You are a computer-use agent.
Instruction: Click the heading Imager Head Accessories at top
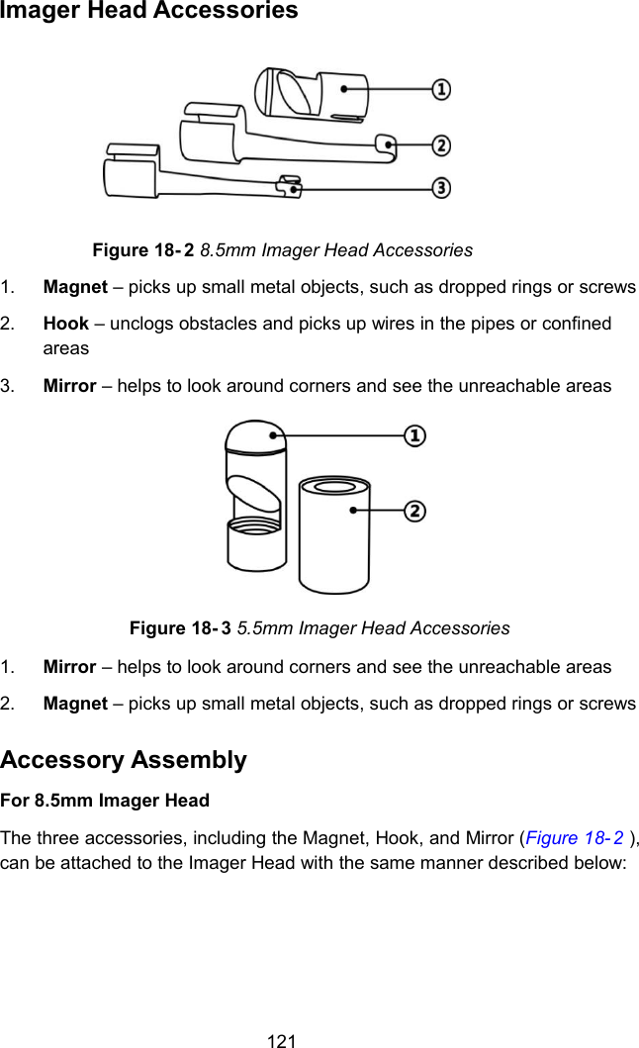(x=148, y=12)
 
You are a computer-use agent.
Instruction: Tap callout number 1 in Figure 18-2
(x=441, y=89)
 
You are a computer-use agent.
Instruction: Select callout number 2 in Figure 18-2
(x=441, y=145)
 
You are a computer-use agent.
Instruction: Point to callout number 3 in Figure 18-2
(x=441, y=187)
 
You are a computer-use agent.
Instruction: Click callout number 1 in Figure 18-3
(x=415, y=435)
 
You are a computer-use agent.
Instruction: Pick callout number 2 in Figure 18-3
(x=415, y=511)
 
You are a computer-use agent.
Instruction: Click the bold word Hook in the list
(x=65, y=324)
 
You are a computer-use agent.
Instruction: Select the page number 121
(x=283, y=1039)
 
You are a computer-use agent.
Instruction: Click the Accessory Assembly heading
(x=124, y=760)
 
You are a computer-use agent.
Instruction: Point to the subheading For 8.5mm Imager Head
(x=105, y=800)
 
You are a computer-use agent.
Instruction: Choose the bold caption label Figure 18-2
(x=142, y=249)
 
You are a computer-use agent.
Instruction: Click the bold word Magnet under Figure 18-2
(x=75, y=287)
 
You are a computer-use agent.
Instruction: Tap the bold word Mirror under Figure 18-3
(x=69, y=666)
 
